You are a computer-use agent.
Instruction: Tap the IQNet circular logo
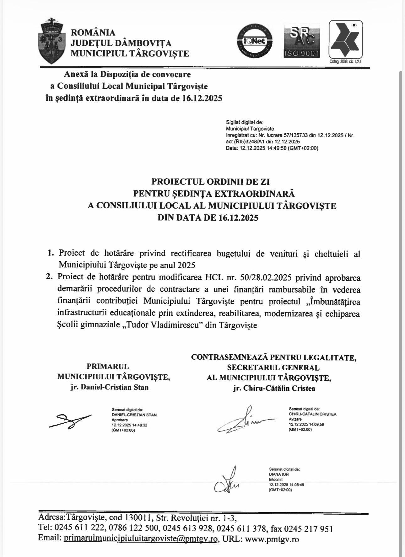click(x=255, y=41)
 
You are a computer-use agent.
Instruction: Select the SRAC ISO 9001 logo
click(x=302, y=40)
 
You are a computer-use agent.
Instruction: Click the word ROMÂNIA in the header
click(x=93, y=33)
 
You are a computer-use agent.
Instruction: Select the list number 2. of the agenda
click(x=49, y=277)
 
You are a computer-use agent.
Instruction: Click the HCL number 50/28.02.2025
click(x=262, y=278)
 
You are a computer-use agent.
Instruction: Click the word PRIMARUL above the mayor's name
click(x=108, y=366)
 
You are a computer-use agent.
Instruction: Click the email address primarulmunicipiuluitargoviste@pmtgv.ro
click(x=141, y=539)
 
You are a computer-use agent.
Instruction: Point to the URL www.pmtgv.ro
click(x=272, y=539)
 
